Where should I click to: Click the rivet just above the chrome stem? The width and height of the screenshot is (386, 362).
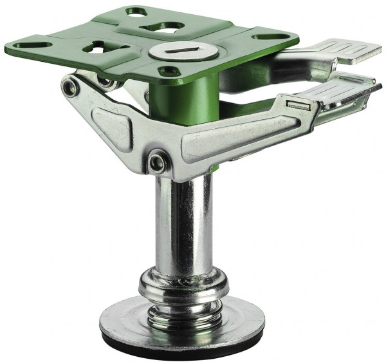click(156, 161)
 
